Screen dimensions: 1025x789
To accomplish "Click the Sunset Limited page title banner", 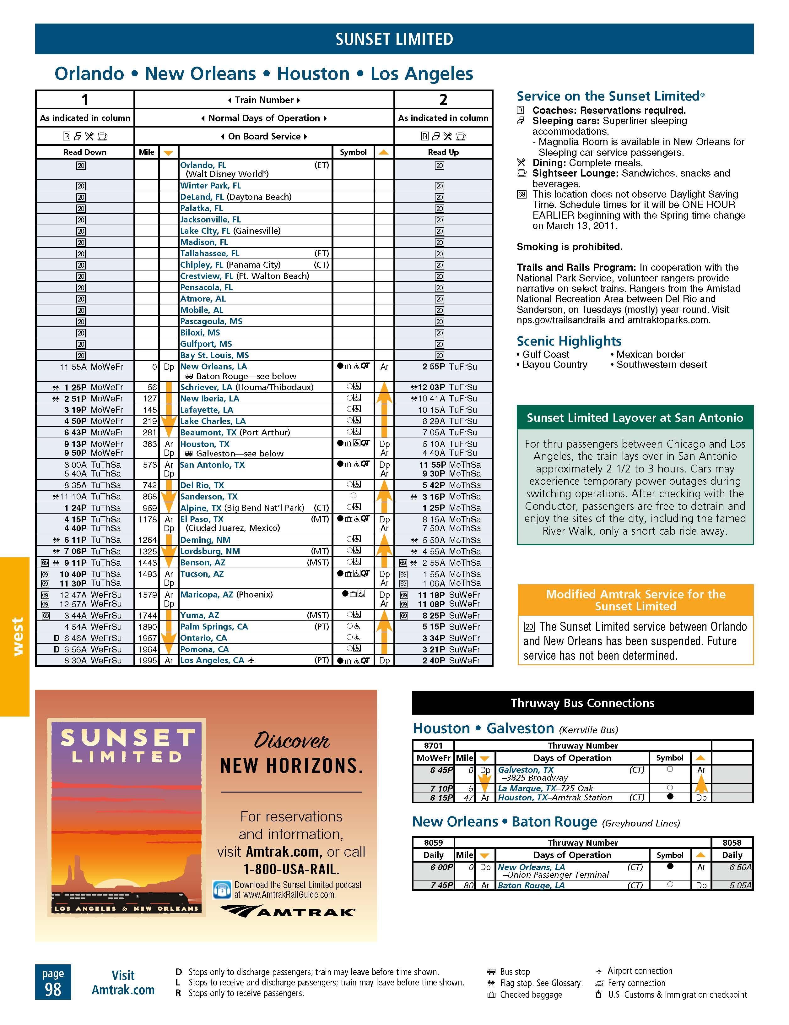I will click(x=394, y=39).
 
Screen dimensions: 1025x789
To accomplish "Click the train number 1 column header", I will click(x=84, y=100).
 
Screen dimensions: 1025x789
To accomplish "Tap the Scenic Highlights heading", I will click(x=569, y=341).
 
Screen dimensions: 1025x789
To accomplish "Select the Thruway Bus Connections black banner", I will click(x=582, y=703).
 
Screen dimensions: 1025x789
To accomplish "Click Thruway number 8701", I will click(x=433, y=745).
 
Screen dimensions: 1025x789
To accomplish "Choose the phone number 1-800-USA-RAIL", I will click(x=291, y=869).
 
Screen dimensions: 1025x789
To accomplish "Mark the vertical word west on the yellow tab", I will click(x=17, y=636).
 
